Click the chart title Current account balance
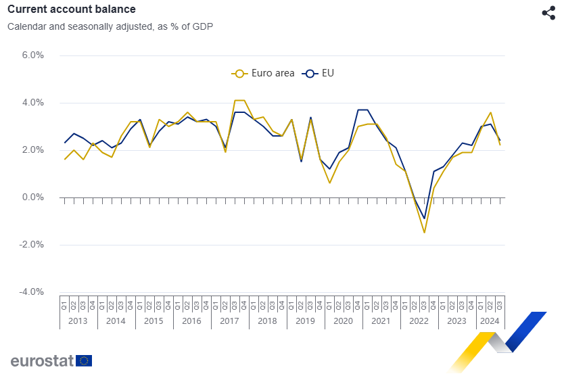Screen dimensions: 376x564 [x=71, y=9]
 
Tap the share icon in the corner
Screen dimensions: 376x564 [x=548, y=13]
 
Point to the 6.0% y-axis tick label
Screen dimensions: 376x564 [x=32, y=55]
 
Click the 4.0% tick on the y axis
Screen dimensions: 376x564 [x=32, y=103]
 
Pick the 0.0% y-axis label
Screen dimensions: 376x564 [x=32, y=197]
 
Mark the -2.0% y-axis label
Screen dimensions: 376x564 [x=31, y=245]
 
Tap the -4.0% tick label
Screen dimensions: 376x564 [x=31, y=292]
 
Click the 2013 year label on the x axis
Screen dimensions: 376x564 [x=78, y=321]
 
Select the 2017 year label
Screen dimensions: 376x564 [x=230, y=321]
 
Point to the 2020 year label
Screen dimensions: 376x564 [x=344, y=321]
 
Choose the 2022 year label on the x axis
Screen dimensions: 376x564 [x=419, y=321]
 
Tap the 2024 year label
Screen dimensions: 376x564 [x=490, y=321]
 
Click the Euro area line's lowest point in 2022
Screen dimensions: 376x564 [x=424, y=233]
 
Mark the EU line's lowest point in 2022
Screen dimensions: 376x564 [x=424, y=218]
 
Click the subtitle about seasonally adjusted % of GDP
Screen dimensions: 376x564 [x=110, y=27]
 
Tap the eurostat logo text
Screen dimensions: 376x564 [x=42, y=360]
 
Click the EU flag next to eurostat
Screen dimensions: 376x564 [x=84, y=360]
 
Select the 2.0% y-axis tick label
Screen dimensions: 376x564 [x=32, y=150]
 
